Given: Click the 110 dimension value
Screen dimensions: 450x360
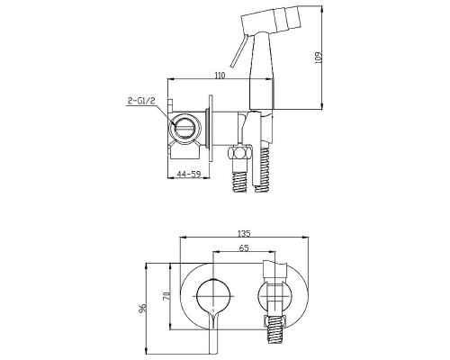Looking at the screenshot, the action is pyautogui.click(x=220, y=75).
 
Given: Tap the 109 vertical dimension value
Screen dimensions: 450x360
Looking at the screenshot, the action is pyautogui.click(x=319, y=58).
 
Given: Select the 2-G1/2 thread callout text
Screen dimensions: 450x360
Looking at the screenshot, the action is pyautogui.click(x=141, y=101).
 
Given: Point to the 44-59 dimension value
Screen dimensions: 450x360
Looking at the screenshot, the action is pyautogui.click(x=188, y=174).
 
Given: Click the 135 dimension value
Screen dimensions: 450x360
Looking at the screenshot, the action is pyautogui.click(x=244, y=233).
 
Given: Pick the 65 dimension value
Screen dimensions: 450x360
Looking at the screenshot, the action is pyautogui.click(x=244, y=247).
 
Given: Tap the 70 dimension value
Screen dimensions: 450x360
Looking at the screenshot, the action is pyautogui.click(x=167, y=296).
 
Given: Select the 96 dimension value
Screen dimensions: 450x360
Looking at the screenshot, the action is pyautogui.click(x=143, y=308).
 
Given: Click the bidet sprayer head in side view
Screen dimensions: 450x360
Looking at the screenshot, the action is pyautogui.click(x=271, y=20).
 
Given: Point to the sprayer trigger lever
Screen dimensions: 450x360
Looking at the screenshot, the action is pyautogui.click(x=238, y=50).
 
